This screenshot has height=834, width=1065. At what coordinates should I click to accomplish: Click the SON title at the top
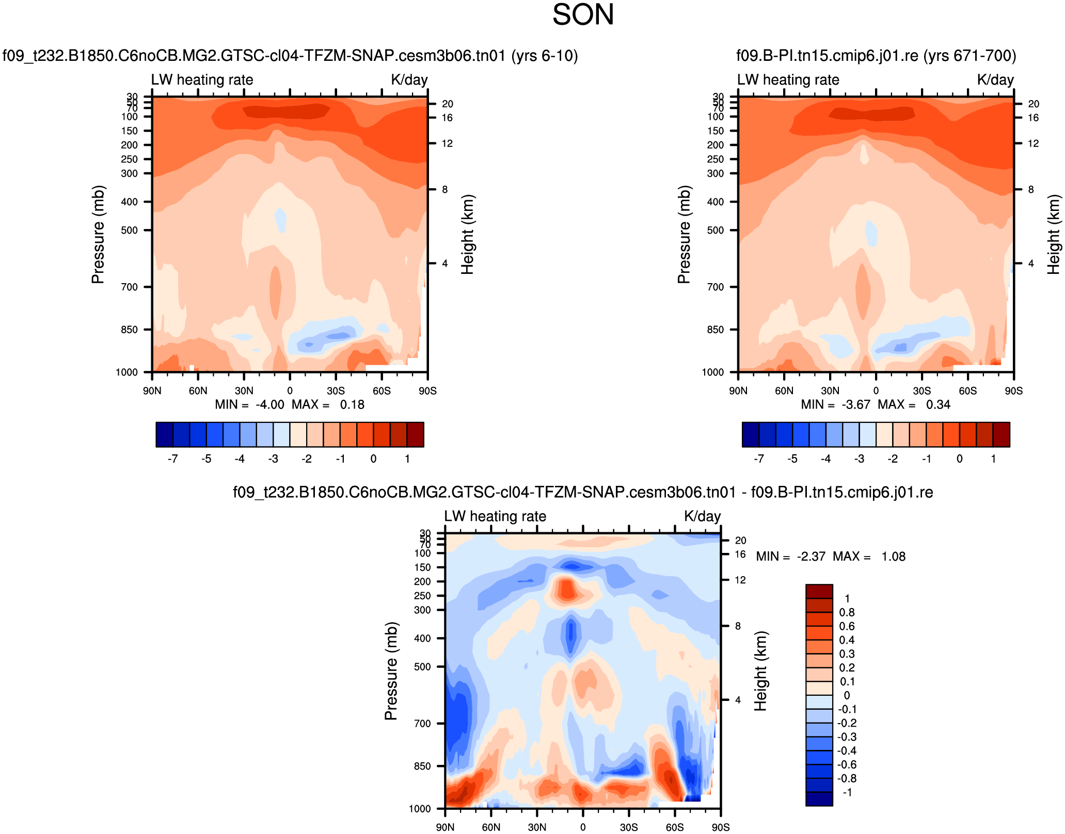pos(583,14)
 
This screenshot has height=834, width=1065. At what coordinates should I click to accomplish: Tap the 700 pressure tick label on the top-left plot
pos(130,287)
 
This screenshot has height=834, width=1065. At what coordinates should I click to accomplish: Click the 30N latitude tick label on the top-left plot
pos(244,391)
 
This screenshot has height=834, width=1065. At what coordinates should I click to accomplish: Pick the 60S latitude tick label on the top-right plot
pos(967,391)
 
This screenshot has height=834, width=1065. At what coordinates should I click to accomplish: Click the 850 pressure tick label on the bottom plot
pos(422,766)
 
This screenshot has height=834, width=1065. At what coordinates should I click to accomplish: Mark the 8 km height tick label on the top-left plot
pos(444,190)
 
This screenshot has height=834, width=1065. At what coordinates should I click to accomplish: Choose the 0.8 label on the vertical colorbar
pos(847,613)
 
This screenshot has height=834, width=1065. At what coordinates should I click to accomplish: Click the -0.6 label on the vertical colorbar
pos(847,765)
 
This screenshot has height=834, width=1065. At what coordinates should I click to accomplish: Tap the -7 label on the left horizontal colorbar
pos(173,459)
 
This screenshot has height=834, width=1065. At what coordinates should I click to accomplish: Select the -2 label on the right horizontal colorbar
pos(893,459)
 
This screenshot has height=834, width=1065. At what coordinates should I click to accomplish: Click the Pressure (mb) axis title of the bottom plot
pos(391,671)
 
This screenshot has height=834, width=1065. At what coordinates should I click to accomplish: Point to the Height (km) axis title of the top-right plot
pos(1053,234)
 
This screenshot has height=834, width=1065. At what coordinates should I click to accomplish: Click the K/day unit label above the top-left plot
pos(409,80)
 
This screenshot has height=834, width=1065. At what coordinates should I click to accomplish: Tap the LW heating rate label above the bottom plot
pos(495,516)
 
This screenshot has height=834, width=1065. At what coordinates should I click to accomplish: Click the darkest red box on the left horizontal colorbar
pos(416,434)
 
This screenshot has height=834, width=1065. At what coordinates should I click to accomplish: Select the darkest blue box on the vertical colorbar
pos(819,799)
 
